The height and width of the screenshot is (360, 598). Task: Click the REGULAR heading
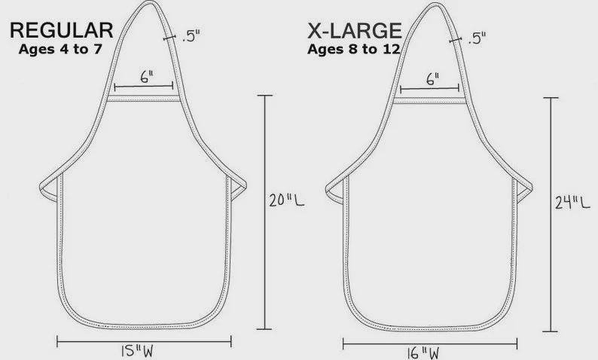tap(62, 30)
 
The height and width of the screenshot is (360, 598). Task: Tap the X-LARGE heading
tap(355, 31)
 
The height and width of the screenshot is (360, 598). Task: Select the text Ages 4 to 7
tap(60, 49)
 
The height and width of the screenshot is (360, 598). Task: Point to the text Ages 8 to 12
tap(353, 49)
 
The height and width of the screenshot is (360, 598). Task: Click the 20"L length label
tap(287, 200)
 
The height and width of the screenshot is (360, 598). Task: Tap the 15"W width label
tap(137, 352)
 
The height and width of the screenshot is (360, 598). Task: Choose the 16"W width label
tap(423, 353)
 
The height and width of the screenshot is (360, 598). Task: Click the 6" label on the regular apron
tap(147, 77)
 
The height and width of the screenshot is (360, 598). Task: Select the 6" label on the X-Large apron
tap(433, 79)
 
